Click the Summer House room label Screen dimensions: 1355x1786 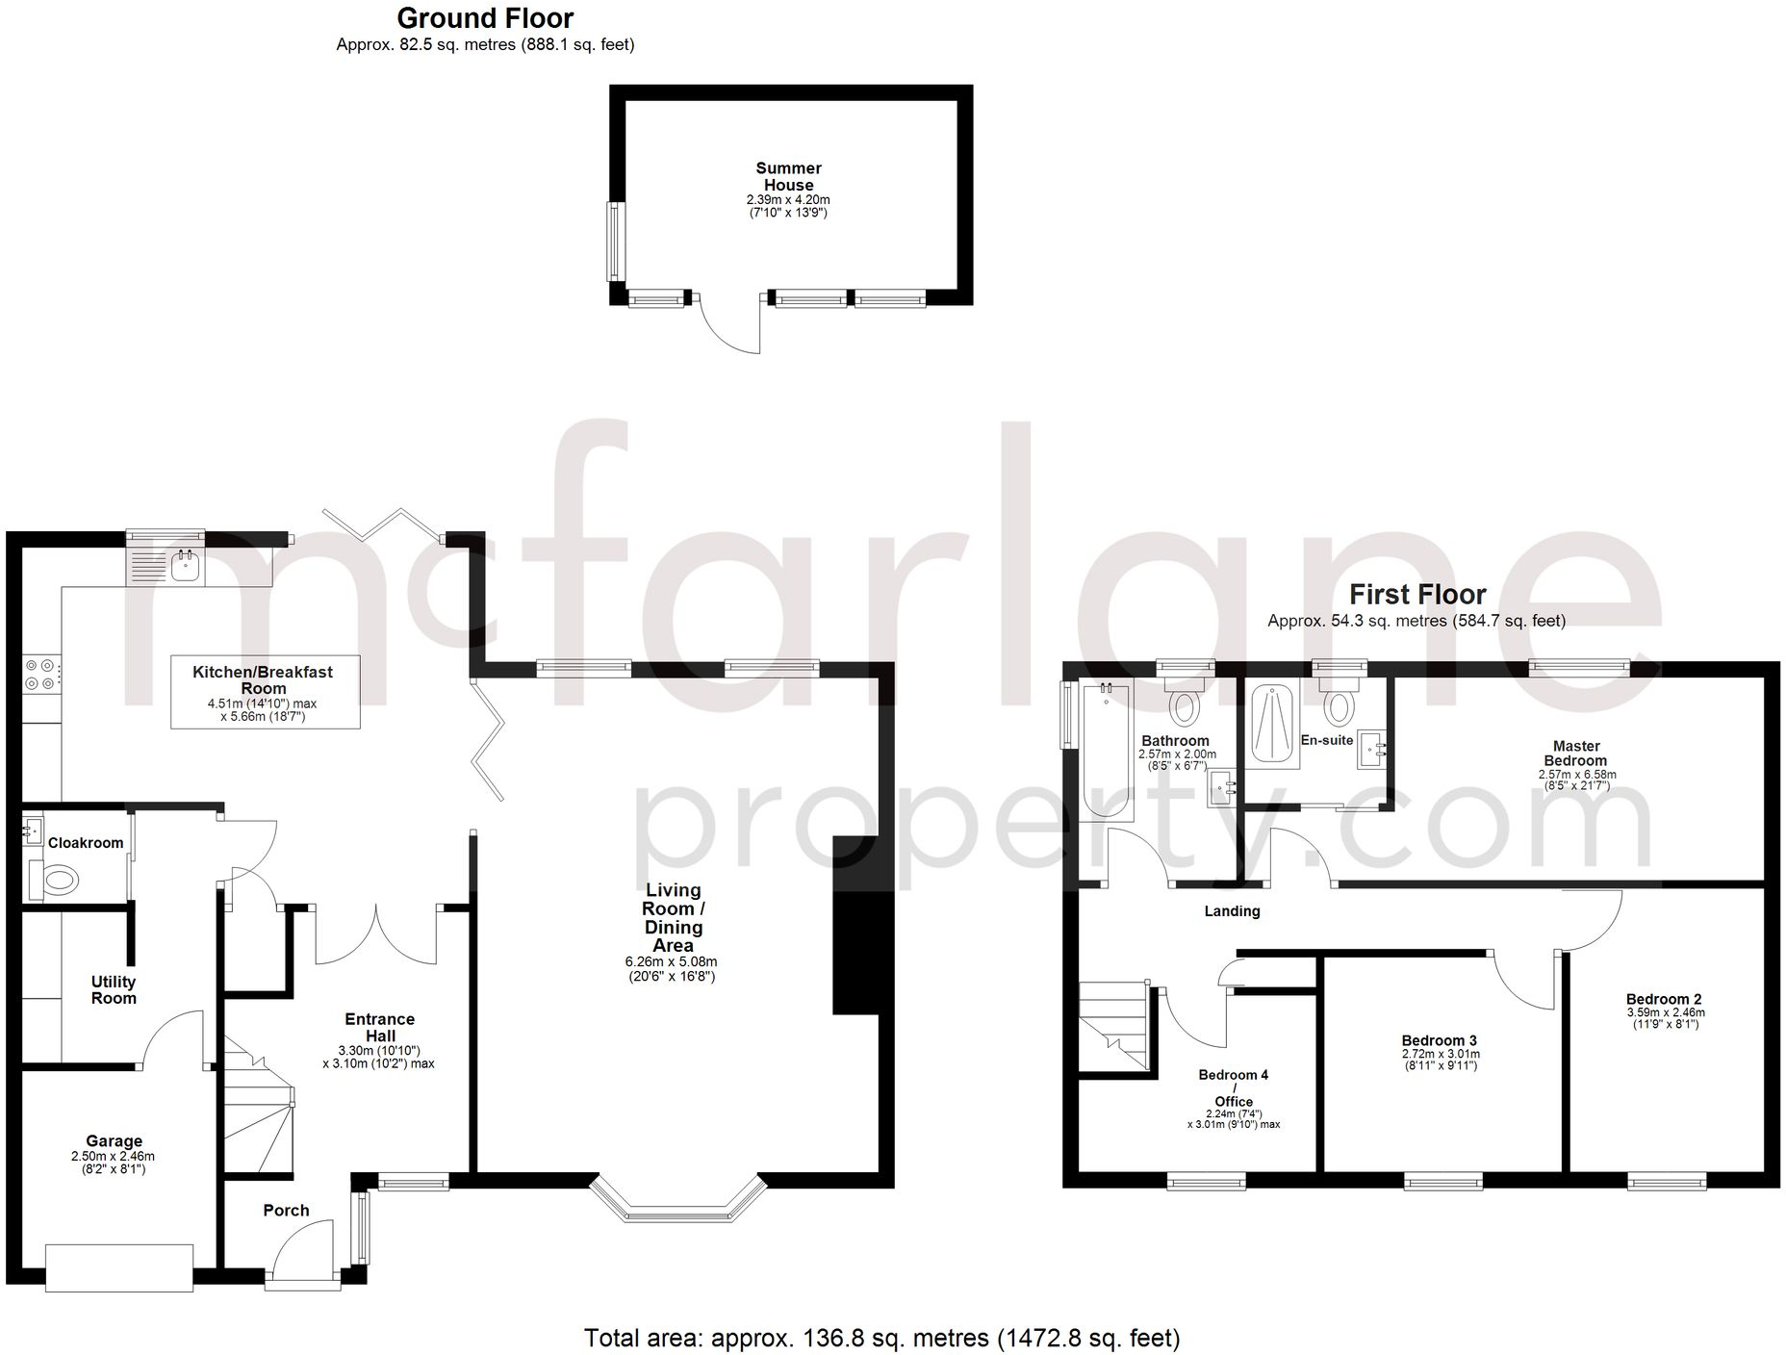click(788, 176)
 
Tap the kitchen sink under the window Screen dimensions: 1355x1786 click(183, 567)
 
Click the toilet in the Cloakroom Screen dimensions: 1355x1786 click(59, 879)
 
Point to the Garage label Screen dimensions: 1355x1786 click(114, 1141)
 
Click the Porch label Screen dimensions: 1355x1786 click(286, 1211)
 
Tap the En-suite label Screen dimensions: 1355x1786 click(1326, 740)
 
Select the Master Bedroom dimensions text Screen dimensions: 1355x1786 click(1576, 780)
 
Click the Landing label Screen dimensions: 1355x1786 click(1232, 911)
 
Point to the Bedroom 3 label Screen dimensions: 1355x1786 click(1439, 1040)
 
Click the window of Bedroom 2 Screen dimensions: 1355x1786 click(1667, 1180)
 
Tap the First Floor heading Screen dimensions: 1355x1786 click(1416, 594)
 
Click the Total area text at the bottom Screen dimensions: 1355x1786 click(881, 1338)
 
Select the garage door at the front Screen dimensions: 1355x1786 click(119, 1267)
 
